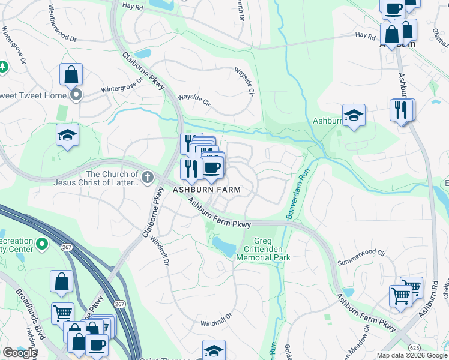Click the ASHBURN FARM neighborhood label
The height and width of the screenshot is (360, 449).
(x=207, y=190)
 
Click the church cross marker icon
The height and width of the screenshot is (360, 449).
(x=148, y=177)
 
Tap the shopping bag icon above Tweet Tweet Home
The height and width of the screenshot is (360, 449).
(x=71, y=76)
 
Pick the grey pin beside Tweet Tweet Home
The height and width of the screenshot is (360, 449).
(x=76, y=95)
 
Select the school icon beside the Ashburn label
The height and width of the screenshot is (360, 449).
(x=354, y=116)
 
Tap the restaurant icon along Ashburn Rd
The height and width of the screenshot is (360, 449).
(x=402, y=110)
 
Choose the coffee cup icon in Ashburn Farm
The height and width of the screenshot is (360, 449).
(x=212, y=167)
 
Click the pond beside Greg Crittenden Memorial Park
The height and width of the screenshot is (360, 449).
(x=224, y=245)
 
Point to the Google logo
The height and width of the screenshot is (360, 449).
(x=19, y=353)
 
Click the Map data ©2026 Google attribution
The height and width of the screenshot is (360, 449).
(x=411, y=355)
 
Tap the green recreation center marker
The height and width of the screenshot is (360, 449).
(x=42, y=244)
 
